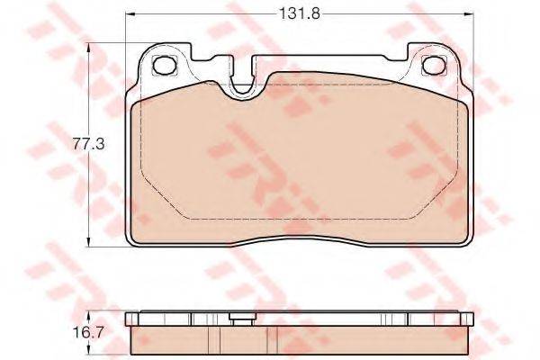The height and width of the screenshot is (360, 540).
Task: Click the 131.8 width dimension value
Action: [x=300, y=14]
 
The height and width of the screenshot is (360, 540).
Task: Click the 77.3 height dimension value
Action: [x=88, y=144]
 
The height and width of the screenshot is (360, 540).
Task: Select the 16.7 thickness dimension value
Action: [x=88, y=332]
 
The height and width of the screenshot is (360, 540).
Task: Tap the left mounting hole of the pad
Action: [x=165, y=65]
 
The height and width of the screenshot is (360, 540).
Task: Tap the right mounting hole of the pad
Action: [x=434, y=65]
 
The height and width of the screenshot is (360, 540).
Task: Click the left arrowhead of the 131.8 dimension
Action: [x=130, y=14]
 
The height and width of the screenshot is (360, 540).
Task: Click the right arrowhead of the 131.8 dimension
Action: [x=469, y=14]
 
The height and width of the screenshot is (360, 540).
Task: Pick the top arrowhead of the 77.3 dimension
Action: [x=89, y=48]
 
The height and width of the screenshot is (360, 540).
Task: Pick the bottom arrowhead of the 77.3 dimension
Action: [x=89, y=241]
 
